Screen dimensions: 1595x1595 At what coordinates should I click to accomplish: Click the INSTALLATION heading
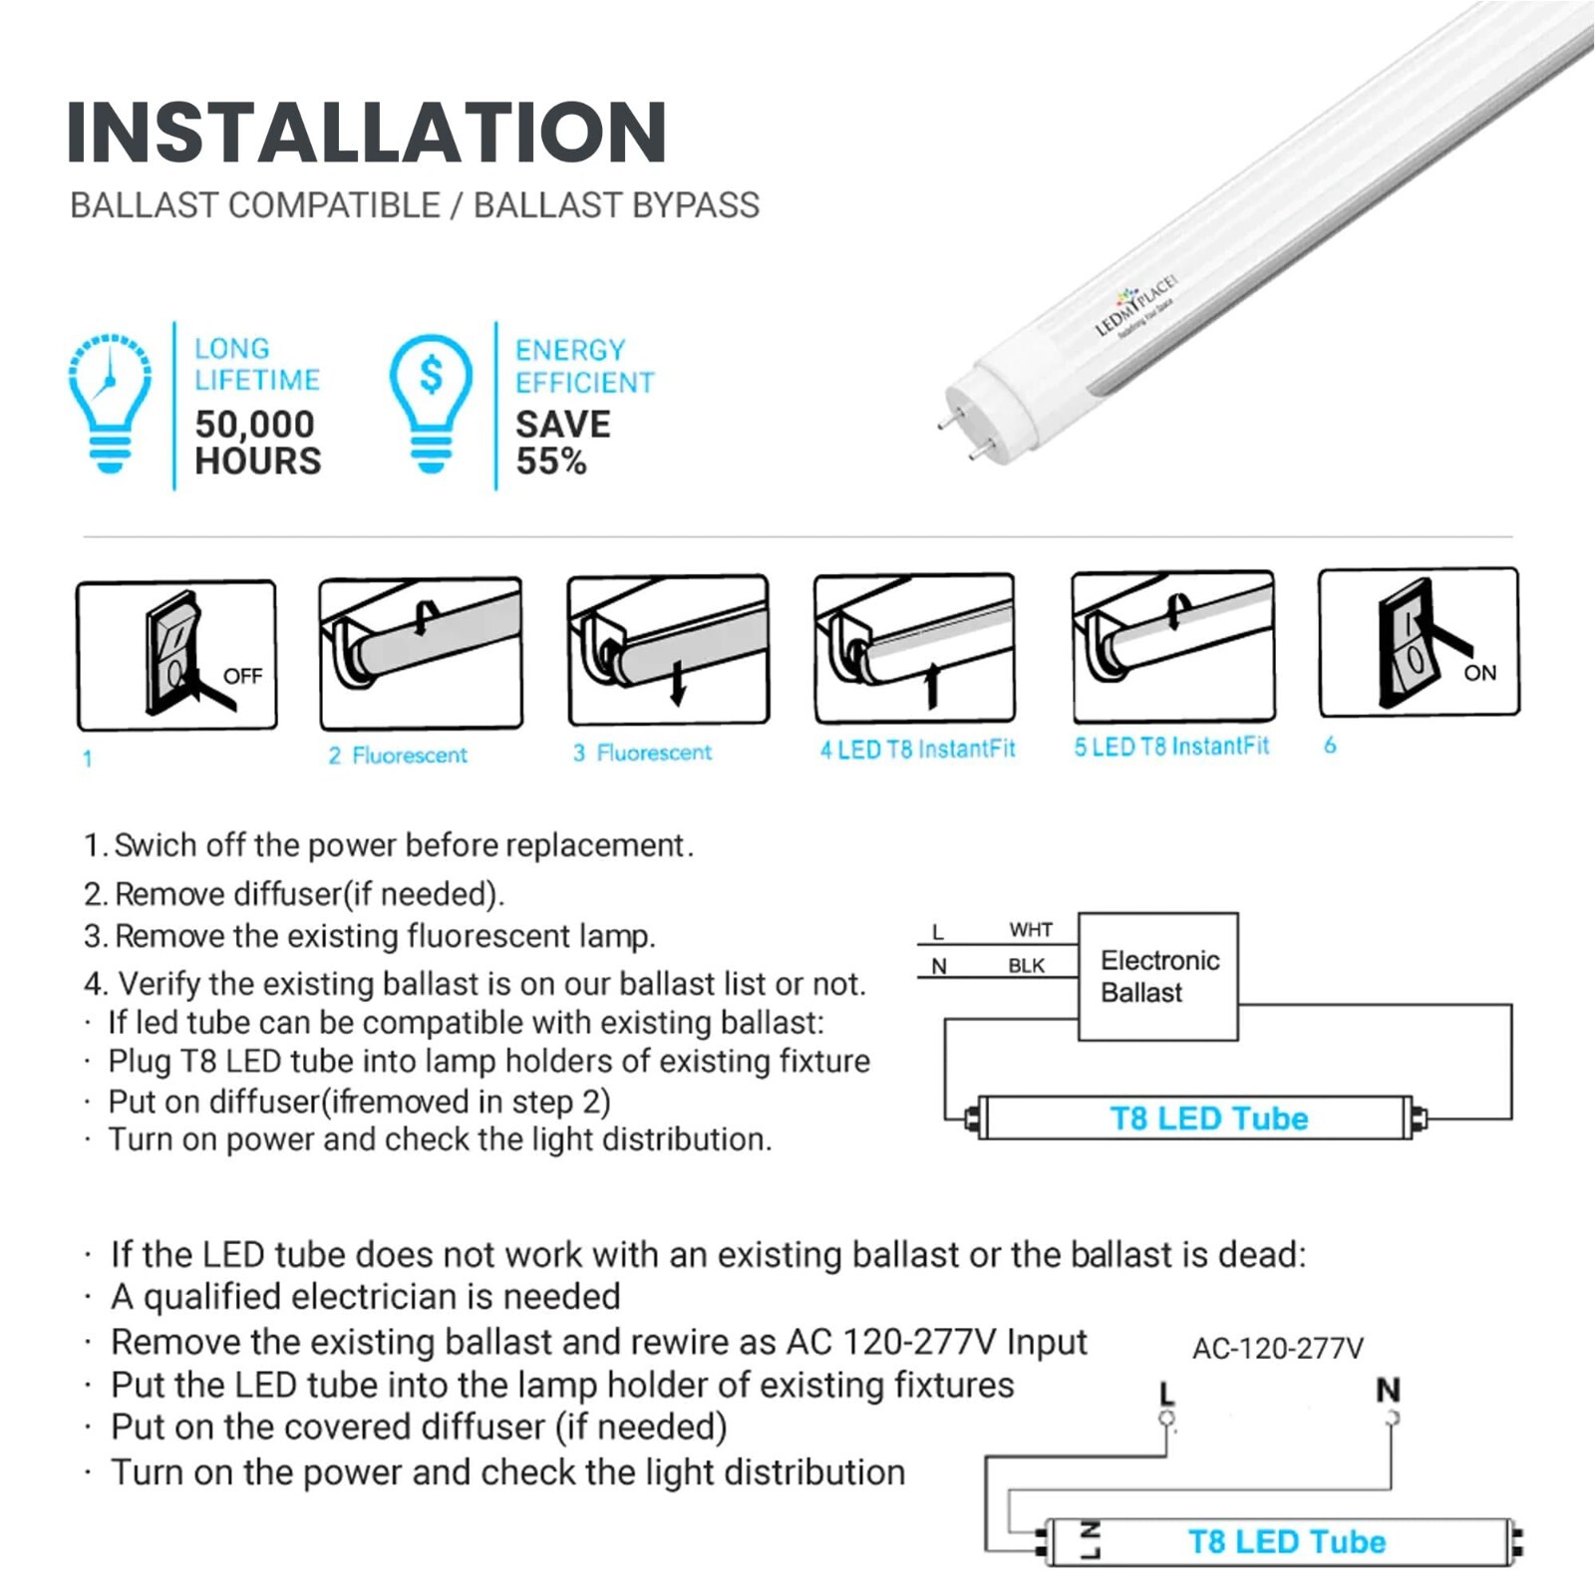(366, 132)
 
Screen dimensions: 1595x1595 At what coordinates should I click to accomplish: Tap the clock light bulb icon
(110, 403)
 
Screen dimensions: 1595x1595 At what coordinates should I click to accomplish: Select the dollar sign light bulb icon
(431, 403)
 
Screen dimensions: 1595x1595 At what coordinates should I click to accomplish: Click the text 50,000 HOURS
(257, 443)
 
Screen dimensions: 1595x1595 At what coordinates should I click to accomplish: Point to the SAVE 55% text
(562, 443)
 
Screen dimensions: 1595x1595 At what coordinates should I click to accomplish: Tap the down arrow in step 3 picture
(678, 683)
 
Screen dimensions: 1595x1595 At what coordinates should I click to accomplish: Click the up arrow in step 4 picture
(932, 685)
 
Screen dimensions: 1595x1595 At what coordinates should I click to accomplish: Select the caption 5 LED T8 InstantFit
(1171, 747)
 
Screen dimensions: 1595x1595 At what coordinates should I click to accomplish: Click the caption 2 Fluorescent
(398, 755)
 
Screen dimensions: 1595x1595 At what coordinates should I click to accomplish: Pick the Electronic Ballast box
(1158, 977)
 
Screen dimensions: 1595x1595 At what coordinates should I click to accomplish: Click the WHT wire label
(1030, 930)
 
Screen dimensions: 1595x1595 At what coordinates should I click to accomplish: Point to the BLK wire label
(1026, 965)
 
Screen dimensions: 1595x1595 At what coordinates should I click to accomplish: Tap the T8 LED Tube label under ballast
(1208, 1117)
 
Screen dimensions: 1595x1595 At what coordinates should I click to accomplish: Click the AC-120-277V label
(1277, 1349)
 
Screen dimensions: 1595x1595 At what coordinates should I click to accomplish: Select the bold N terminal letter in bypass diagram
(1388, 1390)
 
